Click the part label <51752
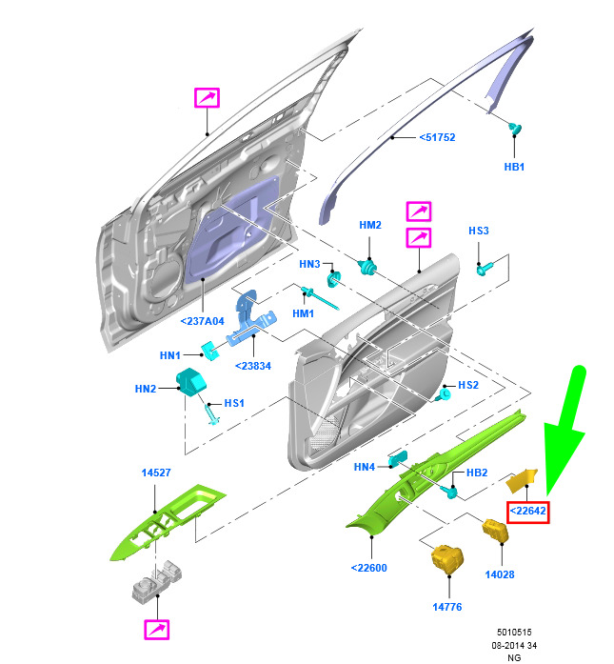pos(437,137)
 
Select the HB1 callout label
pos(514,167)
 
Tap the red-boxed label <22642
pos(527,512)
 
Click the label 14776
pos(446,607)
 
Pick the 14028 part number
pos(500,574)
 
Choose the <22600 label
pos(369,568)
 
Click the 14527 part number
pos(156,473)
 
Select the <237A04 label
pos(202,321)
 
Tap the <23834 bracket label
pos(253,366)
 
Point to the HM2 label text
pos(370,225)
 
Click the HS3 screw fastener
pos(485,269)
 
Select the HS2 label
pos(468,385)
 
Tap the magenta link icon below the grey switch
pos(156,630)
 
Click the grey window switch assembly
pos(157,580)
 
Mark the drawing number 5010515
pos(514,633)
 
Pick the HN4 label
pos(365,467)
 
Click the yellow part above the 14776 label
pos(447,559)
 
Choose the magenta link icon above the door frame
pos(207,98)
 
